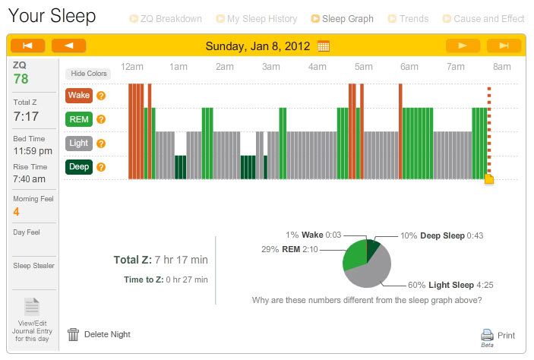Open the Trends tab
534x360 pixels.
tap(412, 18)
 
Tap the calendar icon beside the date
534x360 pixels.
tap(324, 46)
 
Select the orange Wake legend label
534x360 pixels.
tap(79, 96)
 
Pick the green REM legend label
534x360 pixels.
tap(79, 119)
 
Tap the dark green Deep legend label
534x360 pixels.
tap(79, 167)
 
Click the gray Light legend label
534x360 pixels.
tap(79, 143)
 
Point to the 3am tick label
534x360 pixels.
tap(271, 68)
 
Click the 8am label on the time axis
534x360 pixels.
tap(501, 68)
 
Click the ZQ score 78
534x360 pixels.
tap(22, 79)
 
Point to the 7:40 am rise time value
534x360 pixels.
tap(30, 179)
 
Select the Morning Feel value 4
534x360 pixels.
tap(17, 212)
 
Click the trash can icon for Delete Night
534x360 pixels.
tap(74, 333)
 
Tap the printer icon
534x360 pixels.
tap(488, 334)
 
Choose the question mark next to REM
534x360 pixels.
tap(101, 119)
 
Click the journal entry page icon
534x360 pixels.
tap(32, 307)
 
